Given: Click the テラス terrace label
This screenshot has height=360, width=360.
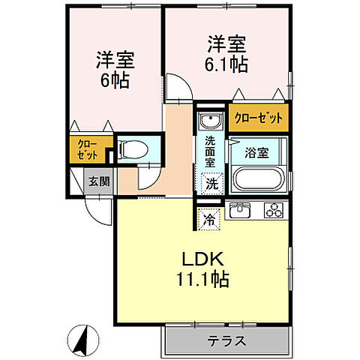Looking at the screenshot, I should coord(226,340).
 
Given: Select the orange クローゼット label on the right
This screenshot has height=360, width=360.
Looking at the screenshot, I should coord(259,118).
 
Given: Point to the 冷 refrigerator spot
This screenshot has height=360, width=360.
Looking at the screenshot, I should coord(209,220).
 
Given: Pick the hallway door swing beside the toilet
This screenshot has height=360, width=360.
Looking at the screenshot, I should coord(146,177).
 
